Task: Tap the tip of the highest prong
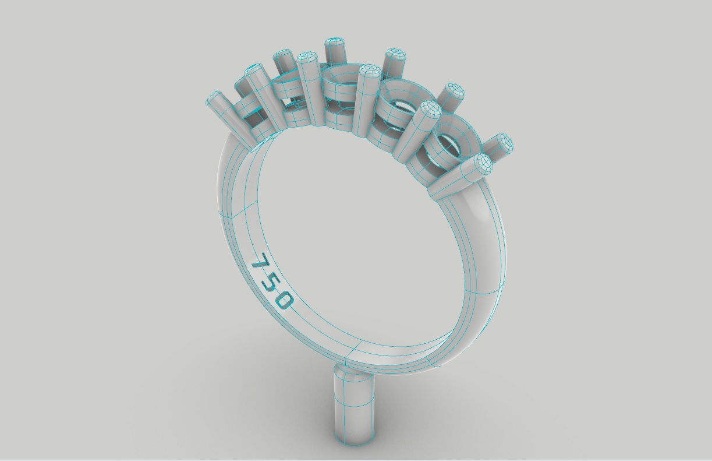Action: [334, 44]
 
